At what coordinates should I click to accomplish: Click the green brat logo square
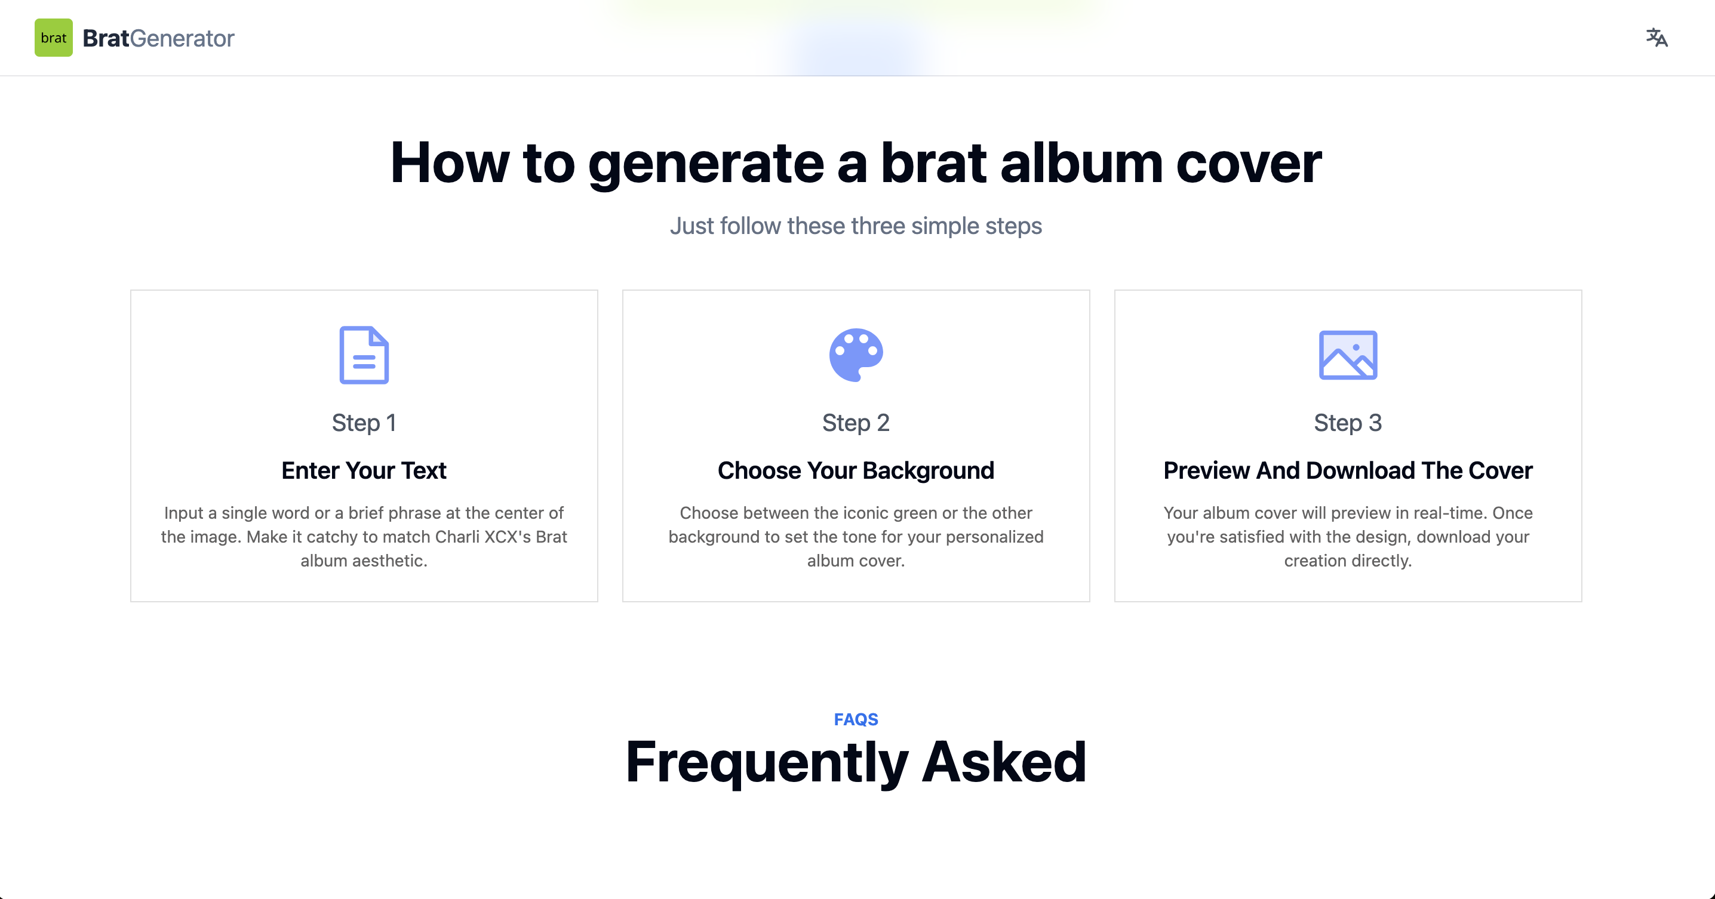coord(53,38)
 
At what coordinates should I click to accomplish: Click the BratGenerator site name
coord(158,38)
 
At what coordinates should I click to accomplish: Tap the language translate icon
coord(1656,38)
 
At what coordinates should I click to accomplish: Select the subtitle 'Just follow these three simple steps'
coord(856,226)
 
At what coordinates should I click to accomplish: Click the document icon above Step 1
coord(364,355)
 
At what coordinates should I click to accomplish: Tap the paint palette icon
coord(856,355)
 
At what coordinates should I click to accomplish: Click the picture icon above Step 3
coord(1348,355)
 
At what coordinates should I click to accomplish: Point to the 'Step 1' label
coord(364,423)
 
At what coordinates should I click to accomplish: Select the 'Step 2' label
coord(856,423)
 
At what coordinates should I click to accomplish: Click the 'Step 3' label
coord(1348,423)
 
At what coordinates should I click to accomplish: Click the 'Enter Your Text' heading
coord(364,470)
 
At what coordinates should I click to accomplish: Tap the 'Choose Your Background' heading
coord(856,470)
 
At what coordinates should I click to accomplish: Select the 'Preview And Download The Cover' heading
coord(1348,470)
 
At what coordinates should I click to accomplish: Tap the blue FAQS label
coord(856,719)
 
